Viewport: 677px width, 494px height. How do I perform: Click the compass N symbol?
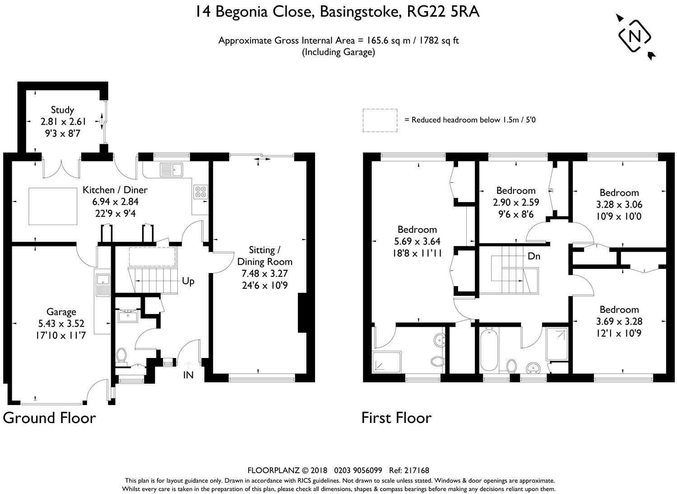pyautogui.click(x=635, y=37)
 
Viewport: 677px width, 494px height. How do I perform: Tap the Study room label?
pyautogui.click(x=62, y=109)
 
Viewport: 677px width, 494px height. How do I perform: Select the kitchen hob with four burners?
pyautogui.click(x=201, y=192)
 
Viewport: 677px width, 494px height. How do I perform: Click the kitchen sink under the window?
pyautogui.click(x=172, y=169)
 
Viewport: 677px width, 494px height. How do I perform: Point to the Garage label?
pyautogui.click(x=61, y=312)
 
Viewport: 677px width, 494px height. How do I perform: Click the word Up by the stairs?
pyautogui.click(x=188, y=281)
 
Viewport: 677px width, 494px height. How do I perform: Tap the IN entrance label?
pyautogui.click(x=188, y=375)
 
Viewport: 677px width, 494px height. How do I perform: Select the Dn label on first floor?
pyautogui.click(x=534, y=256)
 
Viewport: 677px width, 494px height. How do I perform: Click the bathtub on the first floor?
pyautogui.click(x=489, y=351)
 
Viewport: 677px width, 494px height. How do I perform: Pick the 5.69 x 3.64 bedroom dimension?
pyautogui.click(x=417, y=241)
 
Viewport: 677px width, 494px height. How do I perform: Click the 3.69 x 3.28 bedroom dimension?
pyautogui.click(x=619, y=321)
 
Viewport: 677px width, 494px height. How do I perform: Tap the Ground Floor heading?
pyautogui.click(x=49, y=418)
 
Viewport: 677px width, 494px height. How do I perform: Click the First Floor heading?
pyautogui.click(x=396, y=418)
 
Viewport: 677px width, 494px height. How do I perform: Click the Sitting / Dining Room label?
pyautogui.click(x=265, y=256)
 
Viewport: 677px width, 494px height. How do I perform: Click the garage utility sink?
pyautogui.click(x=103, y=285)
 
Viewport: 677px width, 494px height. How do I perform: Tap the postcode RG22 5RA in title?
pyautogui.click(x=443, y=12)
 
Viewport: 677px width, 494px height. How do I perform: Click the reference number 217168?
pyautogui.click(x=417, y=470)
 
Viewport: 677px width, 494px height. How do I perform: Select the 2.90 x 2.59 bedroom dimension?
pyautogui.click(x=516, y=202)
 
